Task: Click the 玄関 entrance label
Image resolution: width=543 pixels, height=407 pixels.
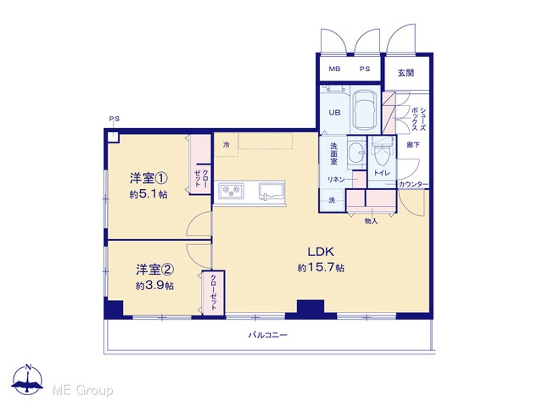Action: tap(406, 73)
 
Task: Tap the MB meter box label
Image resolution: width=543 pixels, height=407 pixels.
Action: tap(334, 69)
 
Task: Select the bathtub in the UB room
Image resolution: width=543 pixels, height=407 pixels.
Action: tap(365, 109)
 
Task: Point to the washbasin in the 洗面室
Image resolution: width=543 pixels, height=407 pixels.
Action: tap(356, 153)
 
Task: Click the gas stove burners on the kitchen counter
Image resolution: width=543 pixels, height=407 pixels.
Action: tap(231, 191)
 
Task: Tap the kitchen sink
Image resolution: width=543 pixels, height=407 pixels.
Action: tap(271, 192)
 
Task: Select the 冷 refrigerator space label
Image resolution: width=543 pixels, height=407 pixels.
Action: tap(227, 145)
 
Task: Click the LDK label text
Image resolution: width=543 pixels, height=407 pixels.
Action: tap(321, 252)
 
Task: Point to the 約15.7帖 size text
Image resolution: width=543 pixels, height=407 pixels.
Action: tap(321, 268)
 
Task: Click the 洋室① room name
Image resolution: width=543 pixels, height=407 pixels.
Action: tap(148, 178)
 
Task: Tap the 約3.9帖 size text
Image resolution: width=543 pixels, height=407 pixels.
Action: tap(154, 286)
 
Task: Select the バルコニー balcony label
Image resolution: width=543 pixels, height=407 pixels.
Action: tap(268, 335)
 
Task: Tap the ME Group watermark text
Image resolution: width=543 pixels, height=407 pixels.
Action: tap(82, 390)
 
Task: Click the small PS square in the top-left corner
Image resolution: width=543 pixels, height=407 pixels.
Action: tap(112, 136)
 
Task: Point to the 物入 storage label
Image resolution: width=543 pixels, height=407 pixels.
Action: tap(371, 220)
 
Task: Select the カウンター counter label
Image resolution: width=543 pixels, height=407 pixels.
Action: tap(413, 185)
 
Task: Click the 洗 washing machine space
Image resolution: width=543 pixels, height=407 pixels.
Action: tap(332, 200)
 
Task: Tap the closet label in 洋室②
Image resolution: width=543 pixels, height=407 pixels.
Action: tap(213, 293)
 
